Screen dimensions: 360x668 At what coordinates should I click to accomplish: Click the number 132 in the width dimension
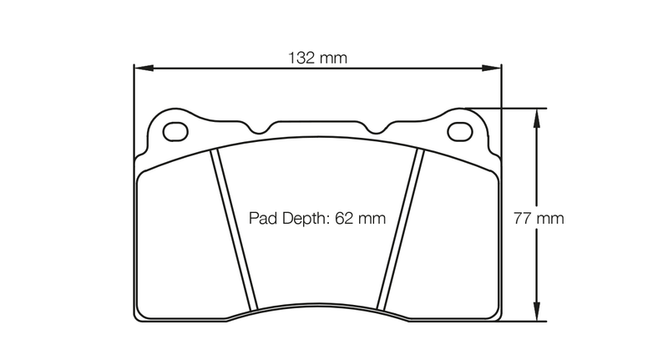[302, 58]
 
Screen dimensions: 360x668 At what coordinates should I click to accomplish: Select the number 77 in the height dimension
[522, 219]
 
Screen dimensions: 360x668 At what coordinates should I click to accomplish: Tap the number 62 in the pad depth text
[345, 219]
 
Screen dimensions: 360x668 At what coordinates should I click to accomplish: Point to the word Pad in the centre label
[263, 219]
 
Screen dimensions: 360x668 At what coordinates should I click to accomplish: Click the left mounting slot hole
[175, 132]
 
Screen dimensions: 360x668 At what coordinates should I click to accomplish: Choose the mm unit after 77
[550, 219]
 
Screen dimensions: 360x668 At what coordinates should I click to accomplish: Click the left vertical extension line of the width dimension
[134, 109]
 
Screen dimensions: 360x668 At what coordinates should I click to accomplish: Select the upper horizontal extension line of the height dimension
[509, 108]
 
